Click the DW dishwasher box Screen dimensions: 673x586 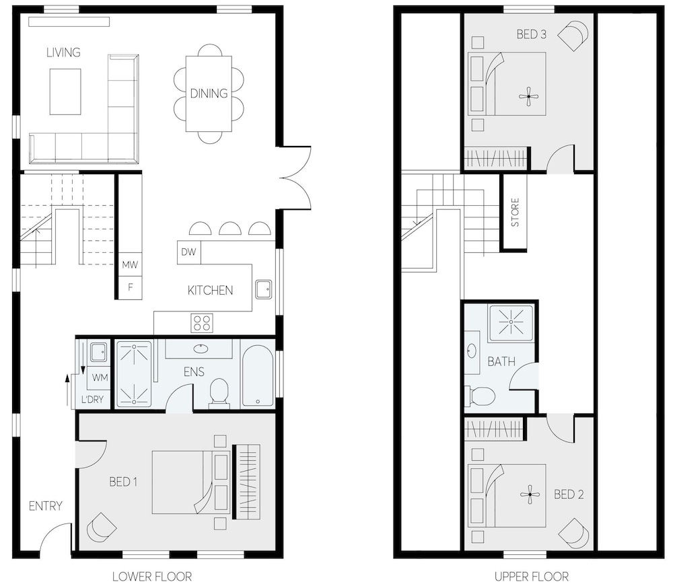(x=189, y=252)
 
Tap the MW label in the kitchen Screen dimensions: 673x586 (x=130, y=264)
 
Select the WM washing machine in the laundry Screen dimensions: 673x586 (x=100, y=378)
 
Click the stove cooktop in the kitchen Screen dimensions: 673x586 (x=202, y=323)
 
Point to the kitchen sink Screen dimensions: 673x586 (x=264, y=289)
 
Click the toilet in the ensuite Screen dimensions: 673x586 (x=219, y=392)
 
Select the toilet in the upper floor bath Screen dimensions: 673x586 (x=480, y=395)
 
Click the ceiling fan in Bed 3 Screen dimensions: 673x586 (x=529, y=96)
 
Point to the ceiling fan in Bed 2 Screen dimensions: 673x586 (x=530, y=495)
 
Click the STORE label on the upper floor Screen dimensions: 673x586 (x=515, y=213)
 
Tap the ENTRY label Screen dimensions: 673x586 (x=46, y=506)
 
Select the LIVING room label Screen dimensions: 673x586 (x=63, y=52)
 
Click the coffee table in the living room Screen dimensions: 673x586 (x=65, y=91)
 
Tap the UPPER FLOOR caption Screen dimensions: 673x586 (x=532, y=577)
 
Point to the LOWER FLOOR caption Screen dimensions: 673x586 (x=152, y=577)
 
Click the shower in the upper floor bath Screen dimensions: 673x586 (x=511, y=322)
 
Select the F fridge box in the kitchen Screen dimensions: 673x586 (x=130, y=287)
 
